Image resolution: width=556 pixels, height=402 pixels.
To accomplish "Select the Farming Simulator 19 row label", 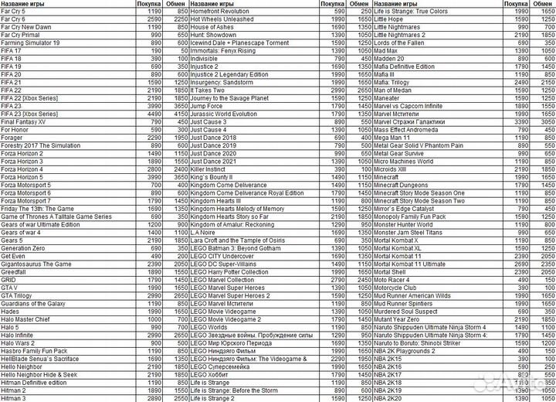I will click(x=30, y=43).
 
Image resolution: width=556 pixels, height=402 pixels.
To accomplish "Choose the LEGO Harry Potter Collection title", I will click(x=230, y=271).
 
